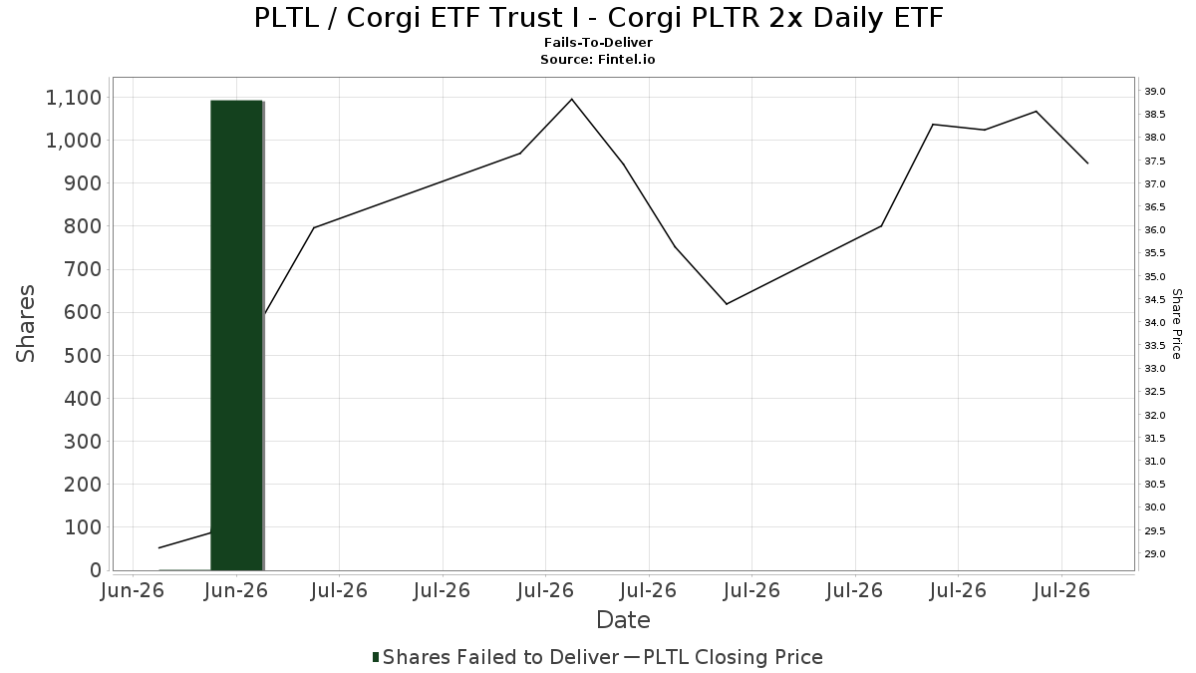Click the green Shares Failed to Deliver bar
[x=236, y=335]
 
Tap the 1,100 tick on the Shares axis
[x=74, y=98]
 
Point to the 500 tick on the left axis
[x=82, y=356]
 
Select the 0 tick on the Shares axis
[x=96, y=570]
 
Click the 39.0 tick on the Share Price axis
[x=1155, y=92]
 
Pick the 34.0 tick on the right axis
[x=1155, y=323]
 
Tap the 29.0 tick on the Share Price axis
[x=1155, y=554]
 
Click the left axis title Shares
[x=25, y=324]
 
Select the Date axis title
[x=623, y=620]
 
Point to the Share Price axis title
[x=1176, y=324]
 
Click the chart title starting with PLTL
[x=599, y=18]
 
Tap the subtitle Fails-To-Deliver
[x=598, y=42]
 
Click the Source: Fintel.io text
[x=597, y=59]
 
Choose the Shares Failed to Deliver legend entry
[x=496, y=657]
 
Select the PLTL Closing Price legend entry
[x=724, y=657]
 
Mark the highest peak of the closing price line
[x=572, y=99]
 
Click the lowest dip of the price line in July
[x=727, y=304]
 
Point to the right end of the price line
[x=1087, y=164]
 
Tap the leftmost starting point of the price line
[x=159, y=547]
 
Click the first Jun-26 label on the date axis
[x=133, y=590]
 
